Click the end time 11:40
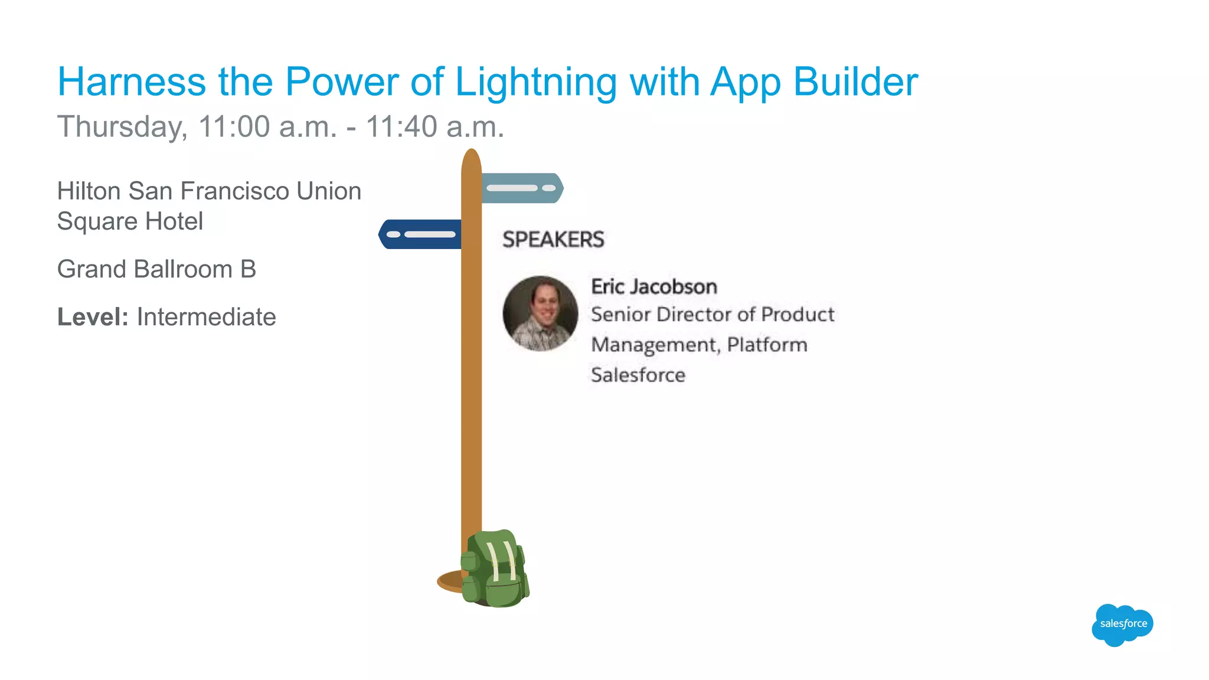click(401, 127)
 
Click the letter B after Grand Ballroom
click(248, 270)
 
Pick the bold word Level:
click(93, 318)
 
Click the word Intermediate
click(206, 318)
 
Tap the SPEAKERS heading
click(553, 240)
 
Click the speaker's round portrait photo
click(540, 313)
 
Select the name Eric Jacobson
click(654, 287)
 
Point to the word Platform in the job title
click(767, 345)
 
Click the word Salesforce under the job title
click(638, 375)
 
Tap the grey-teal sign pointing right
click(521, 188)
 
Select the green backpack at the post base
click(495, 569)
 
